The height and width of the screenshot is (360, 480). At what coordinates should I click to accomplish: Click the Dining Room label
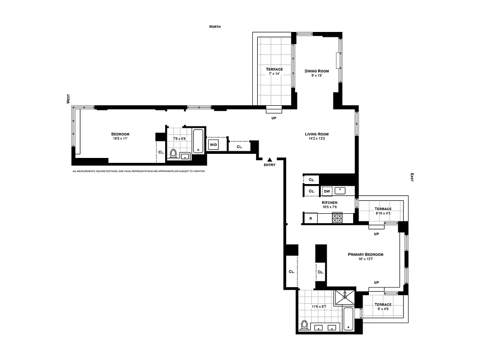click(317, 71)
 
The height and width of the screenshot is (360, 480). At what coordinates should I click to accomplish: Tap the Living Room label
click(317, 134)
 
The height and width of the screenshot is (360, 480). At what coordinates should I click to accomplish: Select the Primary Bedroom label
click(365, 254)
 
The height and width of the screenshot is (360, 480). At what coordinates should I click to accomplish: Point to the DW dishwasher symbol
click(327, 191)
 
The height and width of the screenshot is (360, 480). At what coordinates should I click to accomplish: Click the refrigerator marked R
click(310, 219)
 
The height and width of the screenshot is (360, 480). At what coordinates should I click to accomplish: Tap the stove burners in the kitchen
click(337, 218)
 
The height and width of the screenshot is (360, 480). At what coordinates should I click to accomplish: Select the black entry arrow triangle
click(269, 159)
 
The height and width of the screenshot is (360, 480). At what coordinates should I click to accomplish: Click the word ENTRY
click(269, 165)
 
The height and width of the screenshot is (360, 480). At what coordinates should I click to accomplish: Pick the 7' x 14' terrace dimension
click(274, 75)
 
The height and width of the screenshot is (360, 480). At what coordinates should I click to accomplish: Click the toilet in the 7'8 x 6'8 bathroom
click(174, 154)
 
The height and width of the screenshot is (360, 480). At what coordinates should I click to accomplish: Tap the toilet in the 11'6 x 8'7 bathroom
click(305, 325)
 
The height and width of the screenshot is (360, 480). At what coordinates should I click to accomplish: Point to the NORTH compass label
click(215, 27)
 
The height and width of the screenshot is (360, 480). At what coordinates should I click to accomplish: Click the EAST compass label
click(412, 177)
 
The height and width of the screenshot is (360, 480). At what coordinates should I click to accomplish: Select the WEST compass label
click(68, 99)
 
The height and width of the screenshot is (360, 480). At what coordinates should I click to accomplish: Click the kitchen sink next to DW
click(340, 190)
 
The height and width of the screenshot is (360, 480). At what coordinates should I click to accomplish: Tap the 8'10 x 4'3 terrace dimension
click(383, 214)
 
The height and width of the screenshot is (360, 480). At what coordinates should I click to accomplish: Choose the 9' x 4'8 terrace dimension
click(383, 310)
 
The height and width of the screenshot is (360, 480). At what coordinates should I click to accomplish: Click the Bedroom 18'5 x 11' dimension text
click(120, 139)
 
